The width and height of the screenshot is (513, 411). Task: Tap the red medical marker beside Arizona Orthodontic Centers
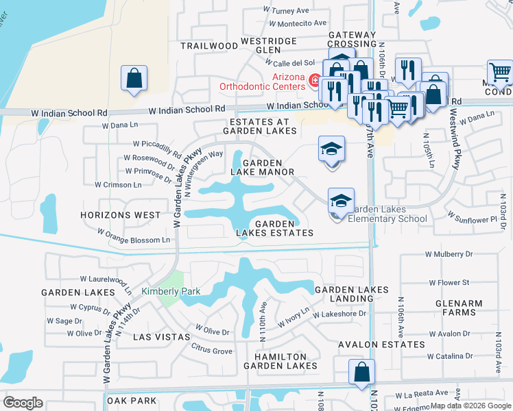click(x=314, y=82)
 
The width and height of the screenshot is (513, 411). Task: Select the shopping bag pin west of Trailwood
click(x=134, y=79)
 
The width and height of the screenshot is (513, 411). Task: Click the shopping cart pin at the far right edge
click(x=500, y=72)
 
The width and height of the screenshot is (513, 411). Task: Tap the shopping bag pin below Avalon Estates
click(x=361, y=373)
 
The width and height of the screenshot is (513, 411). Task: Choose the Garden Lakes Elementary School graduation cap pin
click(x=341, y=201)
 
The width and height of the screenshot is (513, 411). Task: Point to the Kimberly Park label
click(x=171, y=291)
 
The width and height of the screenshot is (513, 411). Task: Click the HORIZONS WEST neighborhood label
click(x=120, y=215)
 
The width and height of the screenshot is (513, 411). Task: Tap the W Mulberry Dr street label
click(x=449, y=254)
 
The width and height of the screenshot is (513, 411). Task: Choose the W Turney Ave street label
click(x=287, y=11)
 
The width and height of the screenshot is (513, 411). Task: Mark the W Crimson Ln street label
click(x=118, y=184)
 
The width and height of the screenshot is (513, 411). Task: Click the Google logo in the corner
click(x=23, y=403)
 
